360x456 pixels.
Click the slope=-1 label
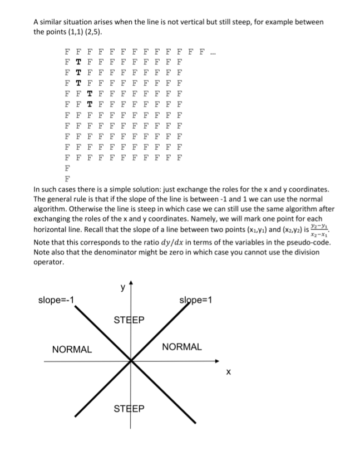point(56,301)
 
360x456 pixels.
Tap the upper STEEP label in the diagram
point(129,320)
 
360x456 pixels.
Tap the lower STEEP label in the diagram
point(129,409)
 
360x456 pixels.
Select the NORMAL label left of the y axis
point(72,349)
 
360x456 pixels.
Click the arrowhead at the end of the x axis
point(219,361)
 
